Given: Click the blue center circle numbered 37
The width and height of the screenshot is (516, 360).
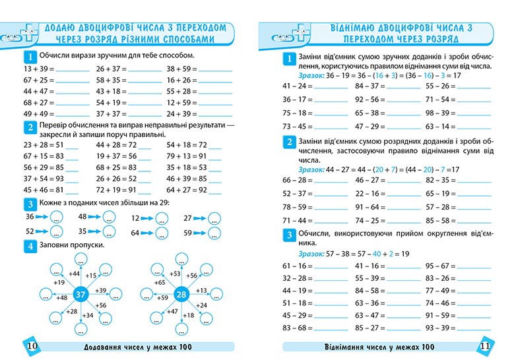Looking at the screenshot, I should (x=81, y=294).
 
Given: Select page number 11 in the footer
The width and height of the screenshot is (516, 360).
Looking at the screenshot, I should (x=484, y=347).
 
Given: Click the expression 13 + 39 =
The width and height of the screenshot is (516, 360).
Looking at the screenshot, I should (x=36, y=69).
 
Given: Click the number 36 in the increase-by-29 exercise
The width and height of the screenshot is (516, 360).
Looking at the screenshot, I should (x=30, y=216).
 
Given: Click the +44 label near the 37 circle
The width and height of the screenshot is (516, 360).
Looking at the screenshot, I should (x=74, y=274).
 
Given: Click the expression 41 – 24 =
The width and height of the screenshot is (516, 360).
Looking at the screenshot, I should (x=296, y=86).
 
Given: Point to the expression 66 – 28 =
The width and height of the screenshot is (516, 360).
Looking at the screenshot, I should (x=296, y=180).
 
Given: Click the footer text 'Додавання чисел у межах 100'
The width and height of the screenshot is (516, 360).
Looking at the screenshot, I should (x=133, y=347).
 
